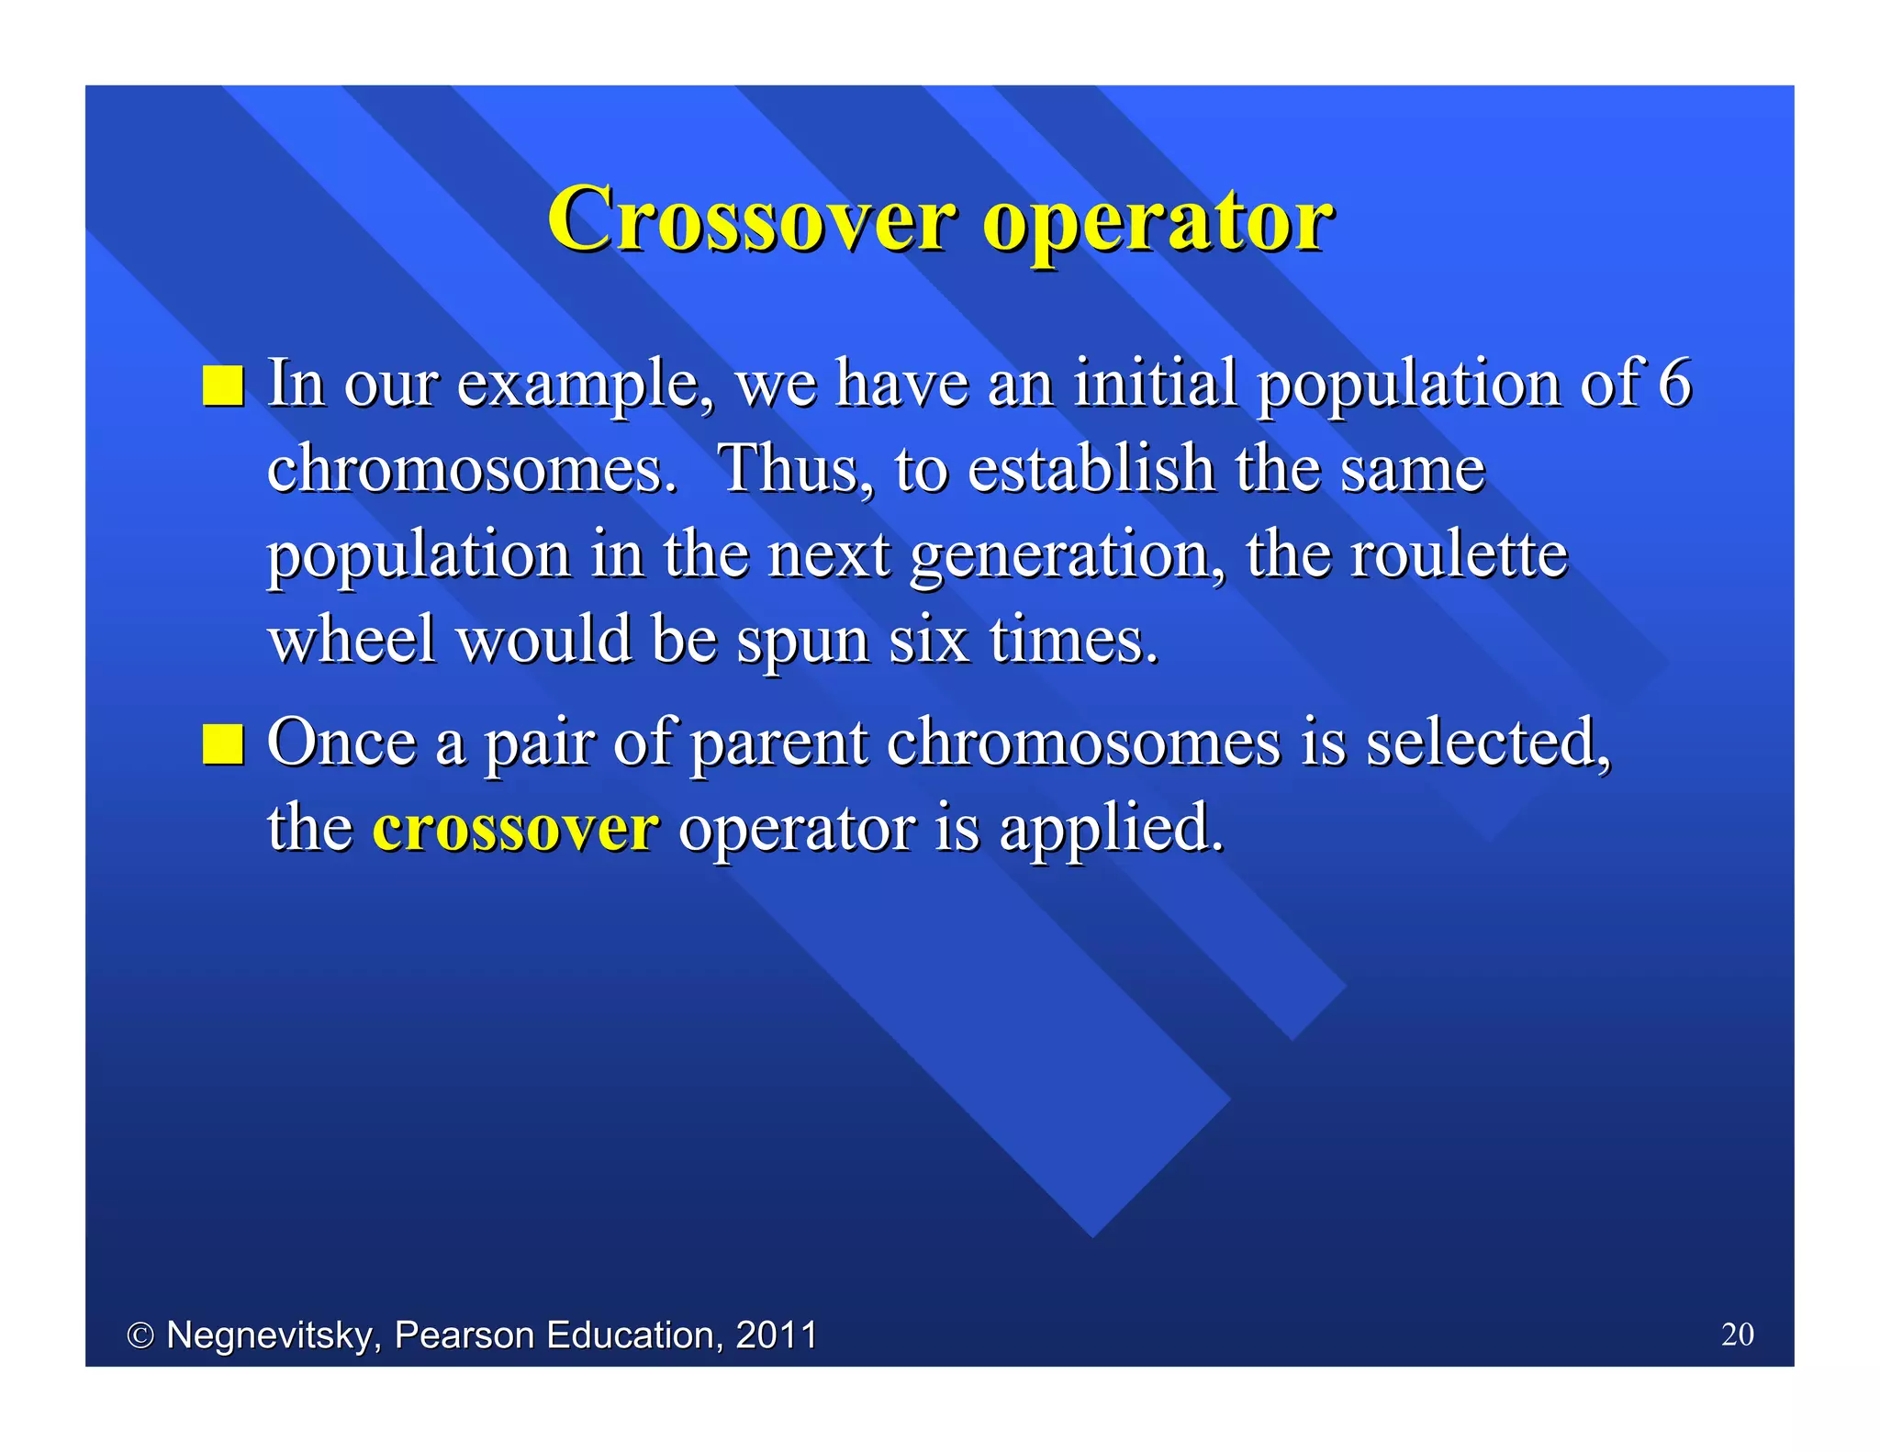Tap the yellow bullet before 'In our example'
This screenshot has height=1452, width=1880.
pyautogui.click(x=223, y=385)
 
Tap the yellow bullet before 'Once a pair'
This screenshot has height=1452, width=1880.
pyautogui.click(x=223, y=743)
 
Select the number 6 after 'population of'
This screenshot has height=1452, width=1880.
pyautogui.click(x=1673, y=383)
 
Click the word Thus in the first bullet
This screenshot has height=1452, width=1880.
pyautogui.click(x=795, y=468)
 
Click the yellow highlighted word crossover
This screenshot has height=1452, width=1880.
pyautogui.click(x=515, y=827)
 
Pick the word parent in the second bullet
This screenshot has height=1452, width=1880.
pyautogui.click(x=778, y=743)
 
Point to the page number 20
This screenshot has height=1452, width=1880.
pyautogui.click(x=1737, y=1334)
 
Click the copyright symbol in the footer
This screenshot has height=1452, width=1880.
pyautogui.click(x=140, y=1335)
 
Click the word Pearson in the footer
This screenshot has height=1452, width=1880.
pyautogui.click(x=464, y=1335)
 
